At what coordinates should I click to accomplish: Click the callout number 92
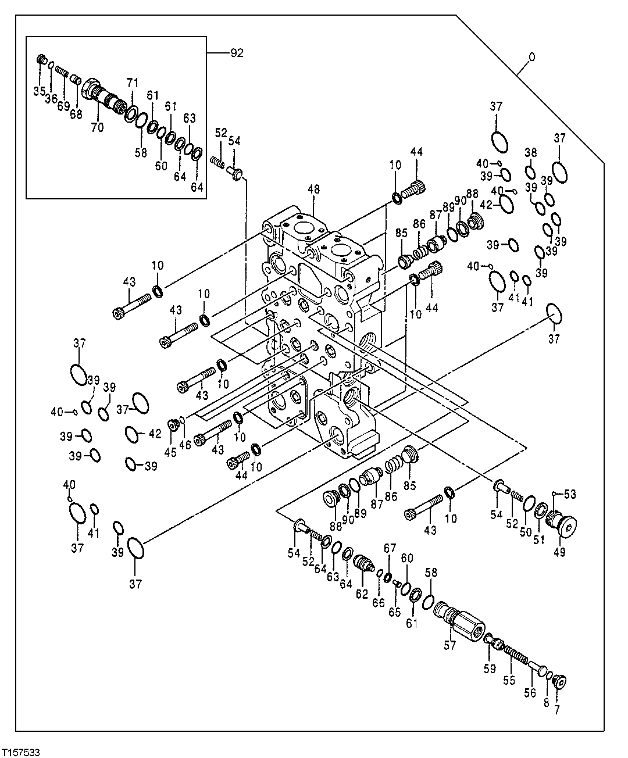(237, 53)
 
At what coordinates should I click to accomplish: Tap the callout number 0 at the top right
(531, 58)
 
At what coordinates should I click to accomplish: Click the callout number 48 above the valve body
(313, 189)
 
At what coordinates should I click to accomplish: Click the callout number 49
(559, 553)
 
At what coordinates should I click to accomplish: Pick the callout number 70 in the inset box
(97, 127)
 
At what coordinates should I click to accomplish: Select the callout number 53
(570, 494)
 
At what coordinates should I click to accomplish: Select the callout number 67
(390, 548)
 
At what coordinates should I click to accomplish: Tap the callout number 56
(529, 693)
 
